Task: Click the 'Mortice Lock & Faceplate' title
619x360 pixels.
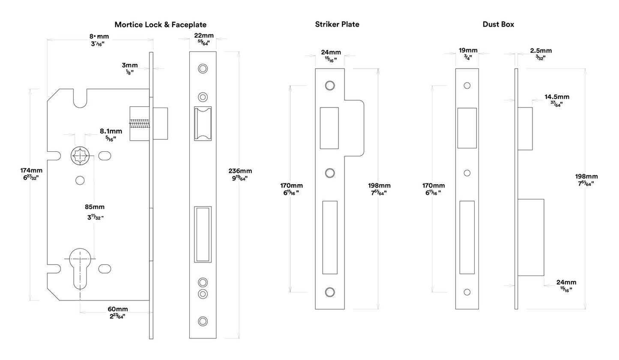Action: [160, 25]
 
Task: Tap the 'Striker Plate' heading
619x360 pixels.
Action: [337, 24]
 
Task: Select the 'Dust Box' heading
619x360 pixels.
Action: [498, 24]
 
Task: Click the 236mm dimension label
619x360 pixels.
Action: [240, 171]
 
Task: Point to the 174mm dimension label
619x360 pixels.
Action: [31, 171]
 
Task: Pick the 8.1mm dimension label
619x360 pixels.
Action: [111, 131]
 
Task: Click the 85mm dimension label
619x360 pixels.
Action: [95, 207]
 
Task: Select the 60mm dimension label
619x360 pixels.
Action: [117, 309]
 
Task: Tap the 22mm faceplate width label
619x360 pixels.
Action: [203, 36]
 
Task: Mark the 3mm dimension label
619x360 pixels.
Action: [129, 66]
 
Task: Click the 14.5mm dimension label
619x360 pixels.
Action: [557, 97]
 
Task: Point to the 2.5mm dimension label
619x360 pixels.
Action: [541, 51]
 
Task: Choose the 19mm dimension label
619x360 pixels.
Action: [468, 51]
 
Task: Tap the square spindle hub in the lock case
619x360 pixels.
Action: [80, 155]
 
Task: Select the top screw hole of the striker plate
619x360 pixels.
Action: [329, 85]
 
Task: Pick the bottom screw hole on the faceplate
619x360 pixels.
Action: [203, 321]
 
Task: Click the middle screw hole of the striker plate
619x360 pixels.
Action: [329, 173]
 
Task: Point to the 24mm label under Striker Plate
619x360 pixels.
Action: [331, 53]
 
